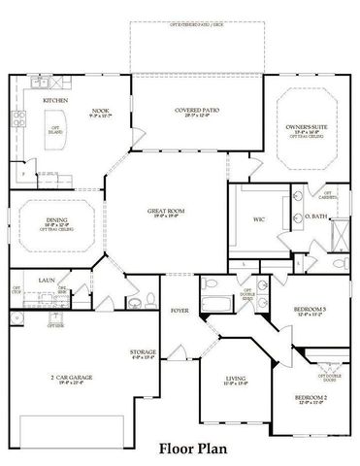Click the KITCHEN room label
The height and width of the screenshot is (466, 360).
[53, 100]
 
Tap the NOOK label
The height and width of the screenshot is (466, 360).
[100, 112]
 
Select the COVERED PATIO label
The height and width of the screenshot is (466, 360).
[197, 111]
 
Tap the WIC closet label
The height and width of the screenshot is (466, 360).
[259, 219]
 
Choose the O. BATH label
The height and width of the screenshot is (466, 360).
[316, 216]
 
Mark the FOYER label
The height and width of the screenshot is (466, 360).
[180, 311]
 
